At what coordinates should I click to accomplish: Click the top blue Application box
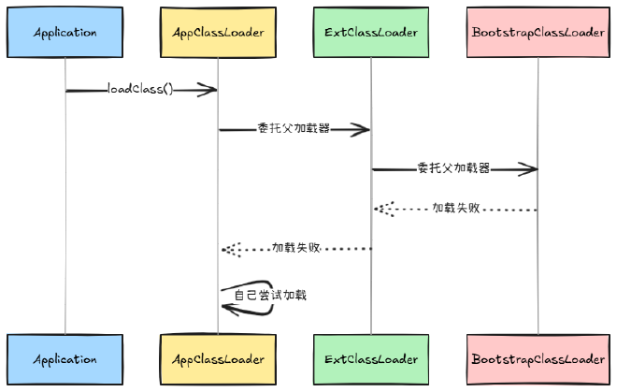coord(65,33)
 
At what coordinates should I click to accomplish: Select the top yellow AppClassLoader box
coord(218,33)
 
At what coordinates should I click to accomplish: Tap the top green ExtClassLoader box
coord(370,33)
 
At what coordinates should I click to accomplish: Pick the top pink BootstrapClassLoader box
coord(538,33)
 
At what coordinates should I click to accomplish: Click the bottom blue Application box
coord(65,359)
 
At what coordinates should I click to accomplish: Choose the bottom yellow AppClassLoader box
coord(218,359)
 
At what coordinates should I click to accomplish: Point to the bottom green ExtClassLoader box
coord(370,359)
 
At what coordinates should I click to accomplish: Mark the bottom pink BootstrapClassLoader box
coord(538,359)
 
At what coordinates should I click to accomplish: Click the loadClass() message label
coord(140,90)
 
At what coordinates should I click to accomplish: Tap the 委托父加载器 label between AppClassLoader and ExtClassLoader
coord(294,129)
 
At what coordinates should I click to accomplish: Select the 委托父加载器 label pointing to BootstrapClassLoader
coord(453,168)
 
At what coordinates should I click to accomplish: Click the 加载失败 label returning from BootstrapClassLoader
coord(455,209)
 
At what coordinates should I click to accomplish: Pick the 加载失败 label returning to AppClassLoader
coord(296,248)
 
